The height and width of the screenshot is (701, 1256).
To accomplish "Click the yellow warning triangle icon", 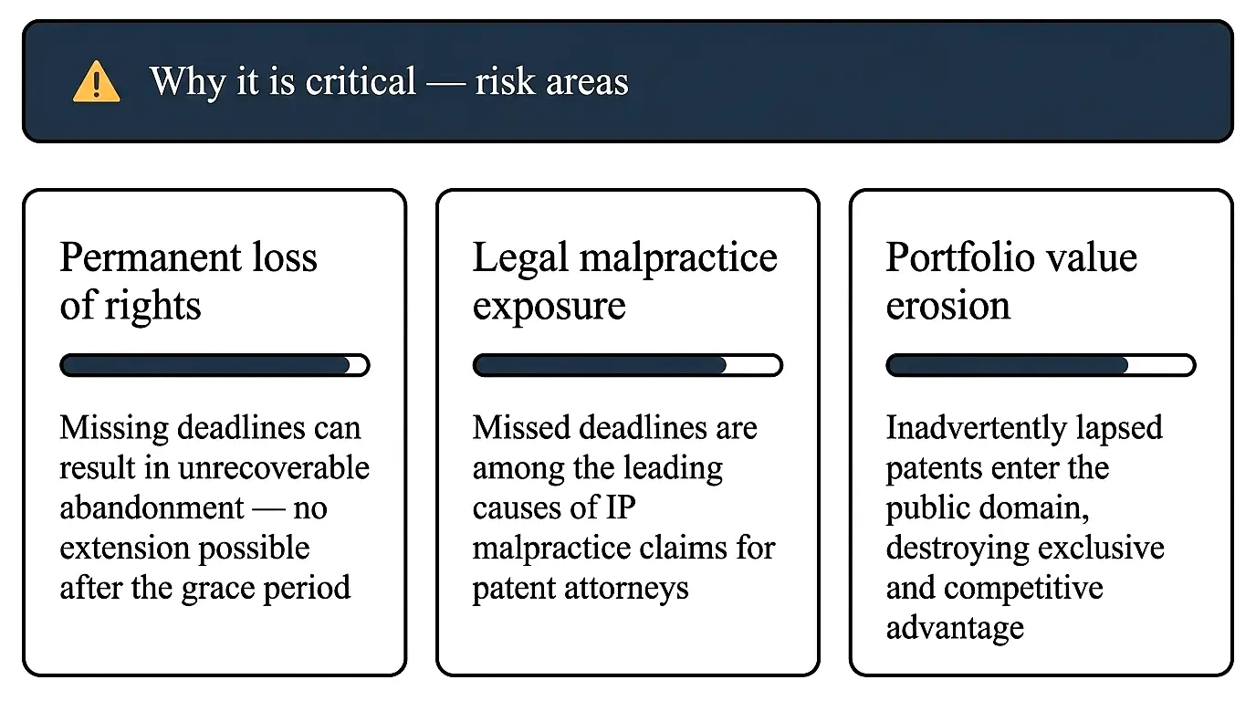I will click(x=96, y=82).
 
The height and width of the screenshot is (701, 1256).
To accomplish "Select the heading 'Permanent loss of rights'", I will click(x=188, y=281).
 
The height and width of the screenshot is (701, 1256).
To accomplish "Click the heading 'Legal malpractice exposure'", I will click(x=624, y=281).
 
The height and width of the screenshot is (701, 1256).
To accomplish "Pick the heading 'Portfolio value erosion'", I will click(x=1011, y=281).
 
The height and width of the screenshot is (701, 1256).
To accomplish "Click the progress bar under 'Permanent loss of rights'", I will click(x=215, y=365).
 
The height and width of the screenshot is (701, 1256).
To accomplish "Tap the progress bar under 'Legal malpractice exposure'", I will click(x=627, y=365).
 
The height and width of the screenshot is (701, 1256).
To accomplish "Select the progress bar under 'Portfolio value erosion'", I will click(x=1041, y=365).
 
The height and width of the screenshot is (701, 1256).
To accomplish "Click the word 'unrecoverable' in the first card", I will click(x=273, y=467).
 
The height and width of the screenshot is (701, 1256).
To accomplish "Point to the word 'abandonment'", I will click(x=152, y=507).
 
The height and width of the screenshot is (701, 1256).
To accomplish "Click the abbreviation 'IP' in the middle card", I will click(x=619, y=507).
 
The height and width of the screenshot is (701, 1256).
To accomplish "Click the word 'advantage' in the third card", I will click(x=955, y=628).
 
